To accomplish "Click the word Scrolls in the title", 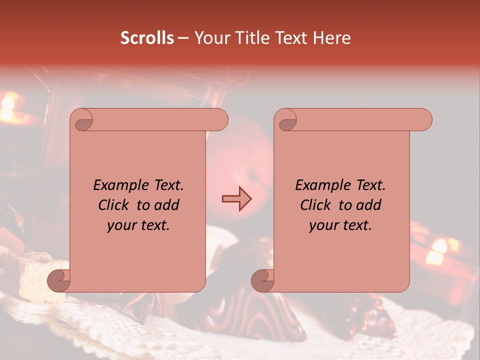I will (x=147, y=38).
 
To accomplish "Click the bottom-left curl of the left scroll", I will (x=58, y=280).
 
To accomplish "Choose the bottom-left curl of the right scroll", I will (x=262, y=280).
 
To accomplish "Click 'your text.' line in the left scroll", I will (x=138, y=225).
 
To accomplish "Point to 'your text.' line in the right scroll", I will (x=340, y=225).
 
